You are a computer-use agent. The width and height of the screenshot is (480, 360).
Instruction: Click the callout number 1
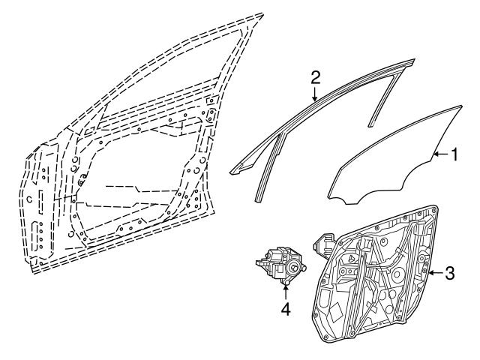[x=454, y=154]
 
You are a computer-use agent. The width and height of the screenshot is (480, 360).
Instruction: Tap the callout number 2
[x=315, y=77]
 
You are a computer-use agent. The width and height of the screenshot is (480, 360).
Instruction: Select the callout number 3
[x=450, y=273]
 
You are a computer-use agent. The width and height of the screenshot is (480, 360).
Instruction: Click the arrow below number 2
[x=315, y=94]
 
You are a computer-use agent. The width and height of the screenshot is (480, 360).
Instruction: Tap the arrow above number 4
[x=285, y=292]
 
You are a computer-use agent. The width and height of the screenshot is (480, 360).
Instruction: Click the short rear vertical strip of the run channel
[x=384, y=98]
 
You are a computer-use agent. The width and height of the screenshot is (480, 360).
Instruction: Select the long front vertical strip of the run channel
[x=269, y=166]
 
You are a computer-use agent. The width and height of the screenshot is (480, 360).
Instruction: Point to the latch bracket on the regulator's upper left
[x=324, y=245]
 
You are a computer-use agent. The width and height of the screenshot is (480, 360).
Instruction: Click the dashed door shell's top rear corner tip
[x=262, y=13]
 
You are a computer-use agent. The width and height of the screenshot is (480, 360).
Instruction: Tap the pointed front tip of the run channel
[x=231, y=173]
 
